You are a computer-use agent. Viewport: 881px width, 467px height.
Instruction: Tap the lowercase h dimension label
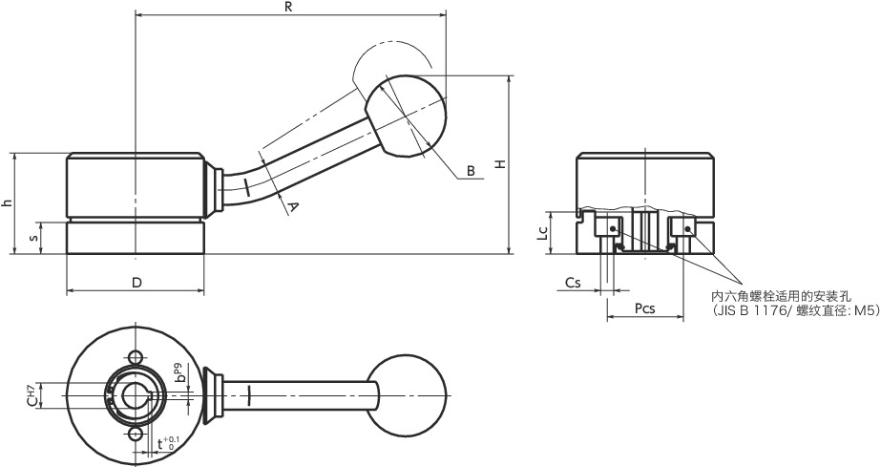click(6, 202)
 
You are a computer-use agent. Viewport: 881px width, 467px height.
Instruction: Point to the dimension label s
click(34, 239)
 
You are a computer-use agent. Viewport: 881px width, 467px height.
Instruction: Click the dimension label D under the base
click(136, 283)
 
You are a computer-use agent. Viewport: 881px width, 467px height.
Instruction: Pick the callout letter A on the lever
click(292, 208)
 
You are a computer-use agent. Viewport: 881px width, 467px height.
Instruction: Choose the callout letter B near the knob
click(471, 171)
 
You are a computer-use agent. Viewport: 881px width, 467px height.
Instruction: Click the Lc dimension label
click(542, 233)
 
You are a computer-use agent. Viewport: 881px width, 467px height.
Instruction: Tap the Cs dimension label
click(573, 283)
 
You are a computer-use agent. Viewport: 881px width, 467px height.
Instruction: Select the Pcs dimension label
click(644, 308)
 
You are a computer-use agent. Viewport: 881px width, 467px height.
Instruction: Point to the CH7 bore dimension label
click(33, 395)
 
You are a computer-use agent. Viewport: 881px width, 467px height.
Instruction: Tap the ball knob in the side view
click(406, 116)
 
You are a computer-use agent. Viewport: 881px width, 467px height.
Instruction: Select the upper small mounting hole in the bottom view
click(135, 357)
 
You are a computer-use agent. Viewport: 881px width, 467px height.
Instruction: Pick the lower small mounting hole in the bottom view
click(135, 435)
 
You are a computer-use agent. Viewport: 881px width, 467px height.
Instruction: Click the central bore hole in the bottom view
click(136, 395)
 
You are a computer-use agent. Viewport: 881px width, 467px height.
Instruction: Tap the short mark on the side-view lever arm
click(246, 186)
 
